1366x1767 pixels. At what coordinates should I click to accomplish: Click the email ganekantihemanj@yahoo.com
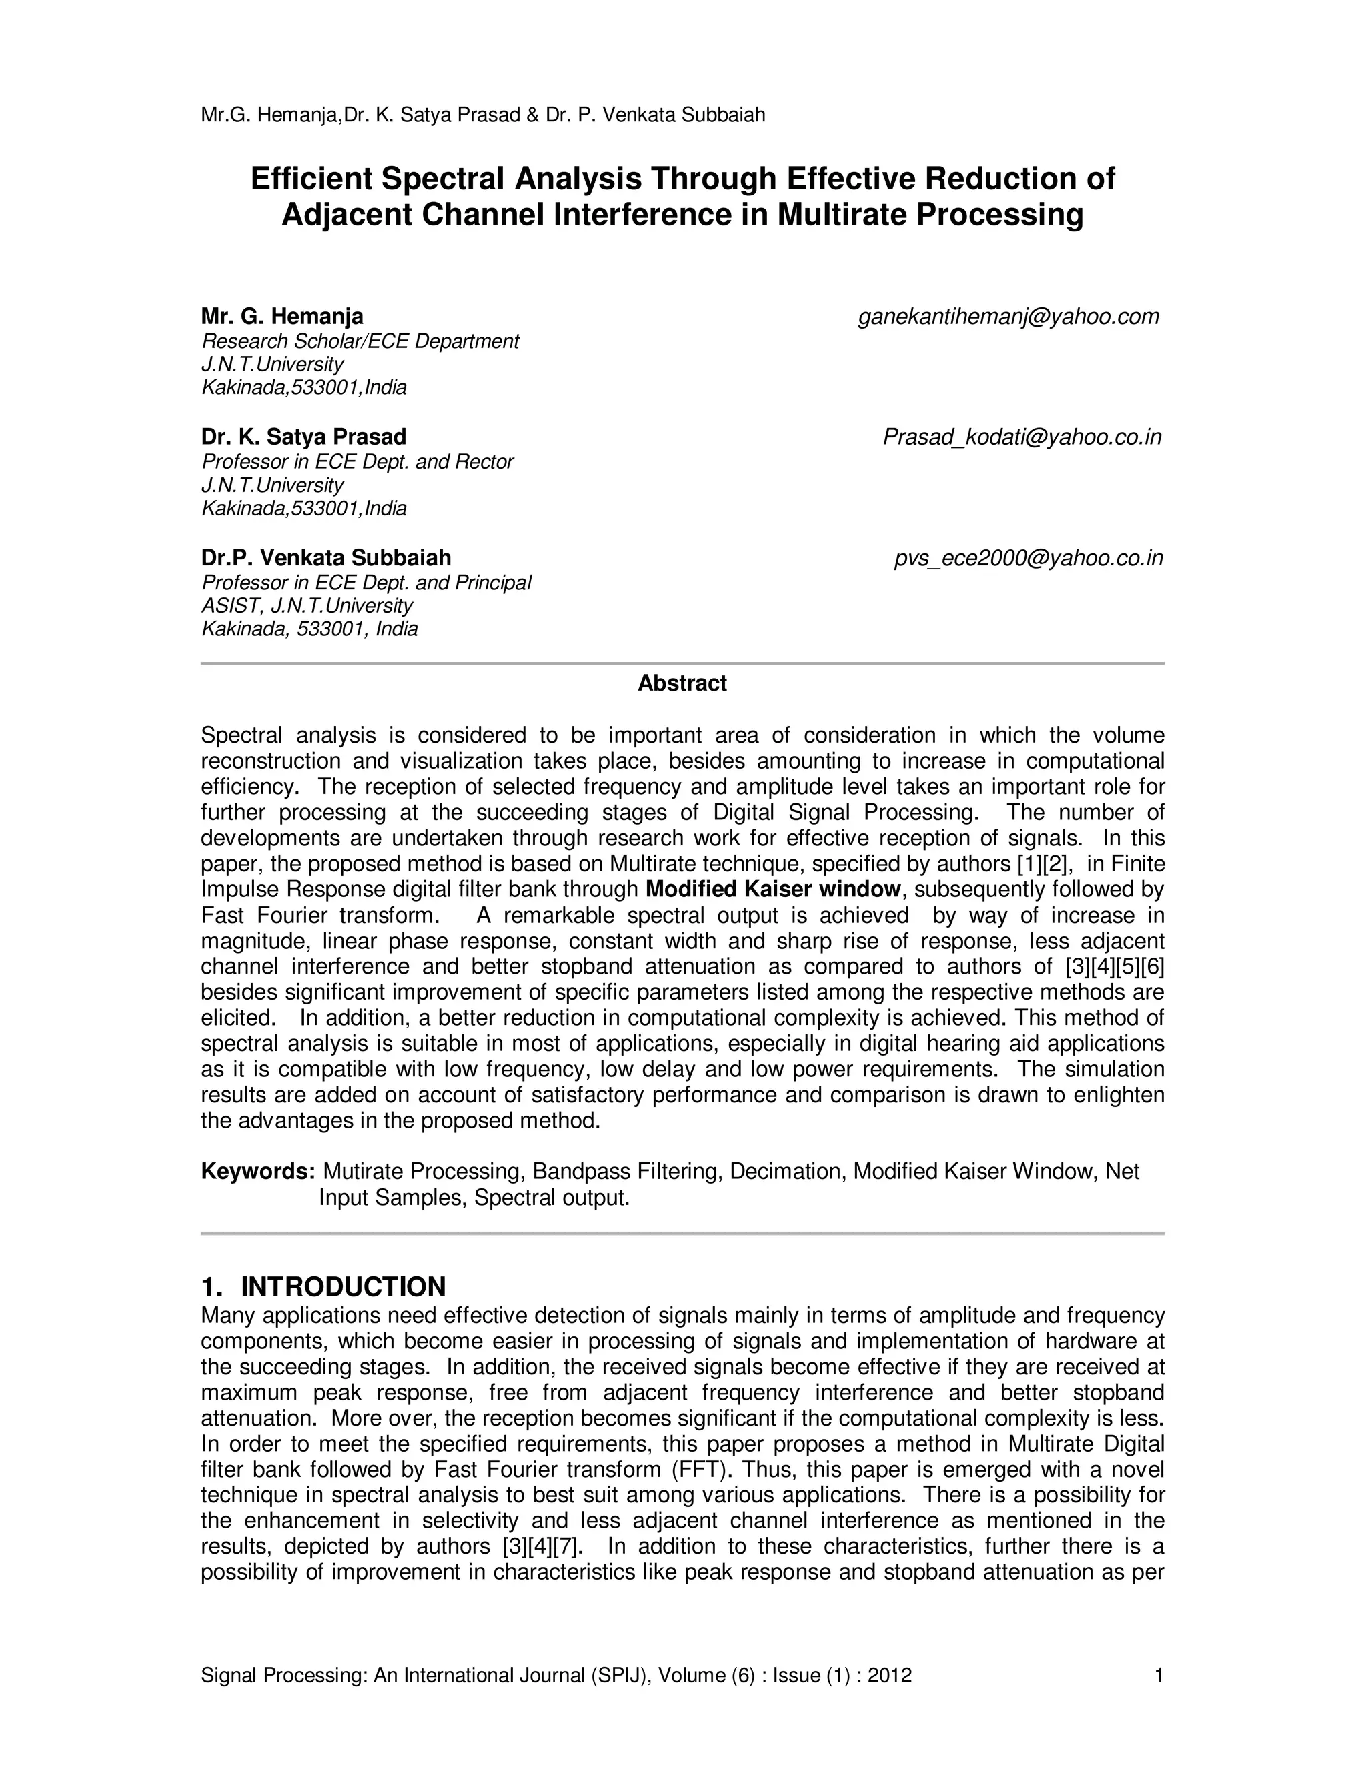(x=1008, y=317)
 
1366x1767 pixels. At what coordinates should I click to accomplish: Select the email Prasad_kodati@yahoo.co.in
(x=1022, y=437)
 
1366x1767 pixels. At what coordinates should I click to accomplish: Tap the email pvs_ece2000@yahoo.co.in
(x=1029, y=558)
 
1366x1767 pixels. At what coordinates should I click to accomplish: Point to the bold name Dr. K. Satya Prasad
(x=303, y=437)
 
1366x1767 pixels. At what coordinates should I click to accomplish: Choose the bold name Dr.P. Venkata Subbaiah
(x=326, y=558)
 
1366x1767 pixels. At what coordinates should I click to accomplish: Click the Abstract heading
(x=682, y=683)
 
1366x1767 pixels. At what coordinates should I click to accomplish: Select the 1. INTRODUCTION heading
(x=323, y=1286)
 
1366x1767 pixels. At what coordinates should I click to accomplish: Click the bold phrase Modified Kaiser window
(x=773, y=889)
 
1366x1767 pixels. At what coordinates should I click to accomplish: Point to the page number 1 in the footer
(x=1159, y=1676)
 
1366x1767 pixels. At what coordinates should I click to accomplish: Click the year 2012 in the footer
(x=889, y=1676)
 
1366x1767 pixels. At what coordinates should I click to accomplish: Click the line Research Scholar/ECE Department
(x=360, y=341)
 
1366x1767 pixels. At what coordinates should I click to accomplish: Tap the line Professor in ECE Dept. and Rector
(x=357, y=462)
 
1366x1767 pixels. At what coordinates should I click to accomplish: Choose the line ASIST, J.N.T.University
(x=307, y=606)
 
